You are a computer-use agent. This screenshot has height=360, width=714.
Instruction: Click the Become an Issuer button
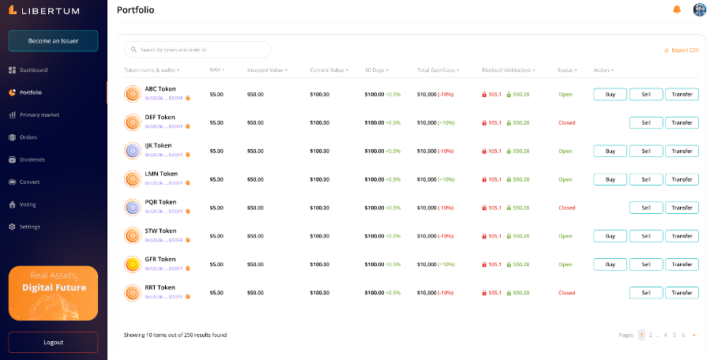pyautogui.click(x=53, y=40)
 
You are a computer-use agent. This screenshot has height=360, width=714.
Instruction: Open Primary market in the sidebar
pyautogui.click(x=39, y=114)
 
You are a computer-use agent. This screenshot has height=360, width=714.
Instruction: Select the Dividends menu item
pyautogui.click(x=32, y=159)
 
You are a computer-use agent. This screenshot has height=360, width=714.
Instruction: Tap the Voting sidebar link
pyautogui.click(x=28, y=204)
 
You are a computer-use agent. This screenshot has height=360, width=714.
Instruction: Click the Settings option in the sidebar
pyautogui.click(x=30, y=227)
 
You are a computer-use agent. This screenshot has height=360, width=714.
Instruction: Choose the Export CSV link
pyautogui.click(x=682, y=50)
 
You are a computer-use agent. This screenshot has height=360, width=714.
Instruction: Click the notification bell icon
pyautogui.click(x=676, y=9)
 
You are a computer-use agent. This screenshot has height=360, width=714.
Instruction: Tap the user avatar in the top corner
pyautogui.click(x=699, y=9)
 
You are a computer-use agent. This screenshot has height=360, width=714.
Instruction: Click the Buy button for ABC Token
pyautogui.click(x=610, y=95)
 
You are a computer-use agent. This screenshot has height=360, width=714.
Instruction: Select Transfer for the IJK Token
pyautogui.click(x=682, y=151)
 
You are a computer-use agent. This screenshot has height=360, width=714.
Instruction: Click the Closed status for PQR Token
pyautogui.click(x=566, y=208)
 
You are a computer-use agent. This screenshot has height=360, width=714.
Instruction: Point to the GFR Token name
pyautogui.click(x=160, y=259)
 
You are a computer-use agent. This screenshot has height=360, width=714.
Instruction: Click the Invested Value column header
pyautogui.click(x=267, y=70)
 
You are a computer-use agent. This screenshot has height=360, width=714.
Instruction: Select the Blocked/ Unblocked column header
pyautogui.click(x=508, y=70)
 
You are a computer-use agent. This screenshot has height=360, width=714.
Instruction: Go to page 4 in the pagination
pyautogui.click(x=665, y=335)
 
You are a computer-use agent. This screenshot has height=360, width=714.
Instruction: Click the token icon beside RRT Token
pyautogui.click(x=132, y=292)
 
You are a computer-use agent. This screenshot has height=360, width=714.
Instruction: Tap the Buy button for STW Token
pyautogui.click(x=610, y=236)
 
